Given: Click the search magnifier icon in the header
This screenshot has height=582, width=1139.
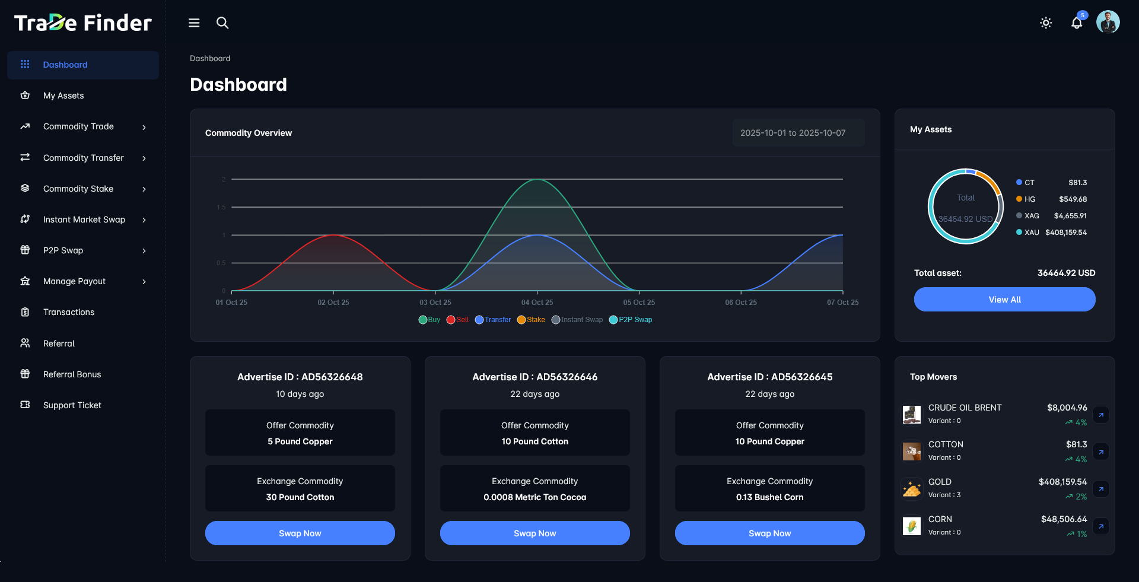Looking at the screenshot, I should [x=222, y=23].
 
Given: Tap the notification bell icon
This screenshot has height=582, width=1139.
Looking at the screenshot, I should [x=1076, y=23].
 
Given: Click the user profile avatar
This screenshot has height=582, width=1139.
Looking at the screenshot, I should [x=1108, y=23].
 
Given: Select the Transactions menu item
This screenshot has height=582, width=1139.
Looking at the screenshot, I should [x=68, y=312].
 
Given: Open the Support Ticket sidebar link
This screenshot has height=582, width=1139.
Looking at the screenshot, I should [x=72, y=405].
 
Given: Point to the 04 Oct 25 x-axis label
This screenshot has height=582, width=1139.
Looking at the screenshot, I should [x=537, y=303].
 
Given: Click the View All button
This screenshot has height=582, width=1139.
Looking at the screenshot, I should [x=1004, y=300].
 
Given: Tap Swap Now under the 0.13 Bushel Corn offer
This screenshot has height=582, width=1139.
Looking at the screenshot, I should [x=769, y=533].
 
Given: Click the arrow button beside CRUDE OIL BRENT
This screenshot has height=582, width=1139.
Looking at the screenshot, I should [x=1101, y=415].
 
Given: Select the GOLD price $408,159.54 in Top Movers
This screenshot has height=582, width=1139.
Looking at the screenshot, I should [x=1062, y=482].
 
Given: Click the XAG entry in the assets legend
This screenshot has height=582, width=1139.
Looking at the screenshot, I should [x=1031, y=216].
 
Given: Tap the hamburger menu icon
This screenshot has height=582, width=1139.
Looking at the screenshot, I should [x=194, y=23].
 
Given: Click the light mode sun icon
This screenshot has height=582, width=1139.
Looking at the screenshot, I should [x=1046, y=23].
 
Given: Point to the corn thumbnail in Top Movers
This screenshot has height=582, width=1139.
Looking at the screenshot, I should [x=912, y=526].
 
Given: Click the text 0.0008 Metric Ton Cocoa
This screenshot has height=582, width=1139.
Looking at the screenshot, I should [x=534, y=497].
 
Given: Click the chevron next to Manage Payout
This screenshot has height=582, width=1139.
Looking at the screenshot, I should [x=144, y=282].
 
